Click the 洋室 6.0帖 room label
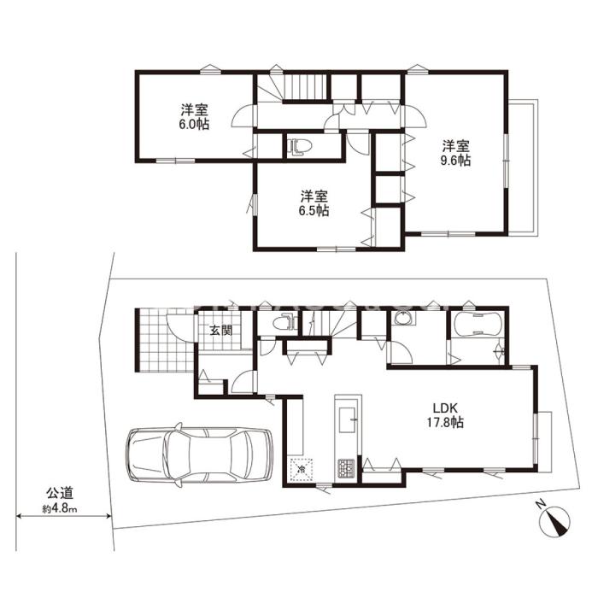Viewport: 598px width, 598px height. (x=194, y=117)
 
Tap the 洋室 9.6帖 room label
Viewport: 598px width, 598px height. (x=455, y=153)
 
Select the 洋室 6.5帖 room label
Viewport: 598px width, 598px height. (x=314, y=203)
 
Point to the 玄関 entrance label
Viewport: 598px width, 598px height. (x=221, y=331)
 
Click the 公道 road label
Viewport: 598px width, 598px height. (x=60, y=494)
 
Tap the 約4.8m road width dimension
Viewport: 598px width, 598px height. (x=60, y=509)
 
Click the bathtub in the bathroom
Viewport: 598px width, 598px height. (x=477, y=325)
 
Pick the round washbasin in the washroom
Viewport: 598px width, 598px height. (x=401, y=319)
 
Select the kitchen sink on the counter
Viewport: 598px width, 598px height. (x=347, y=420)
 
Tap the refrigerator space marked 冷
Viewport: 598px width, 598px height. (x=302, y=469)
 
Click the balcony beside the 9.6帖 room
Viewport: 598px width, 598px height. (x=523, y=167)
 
